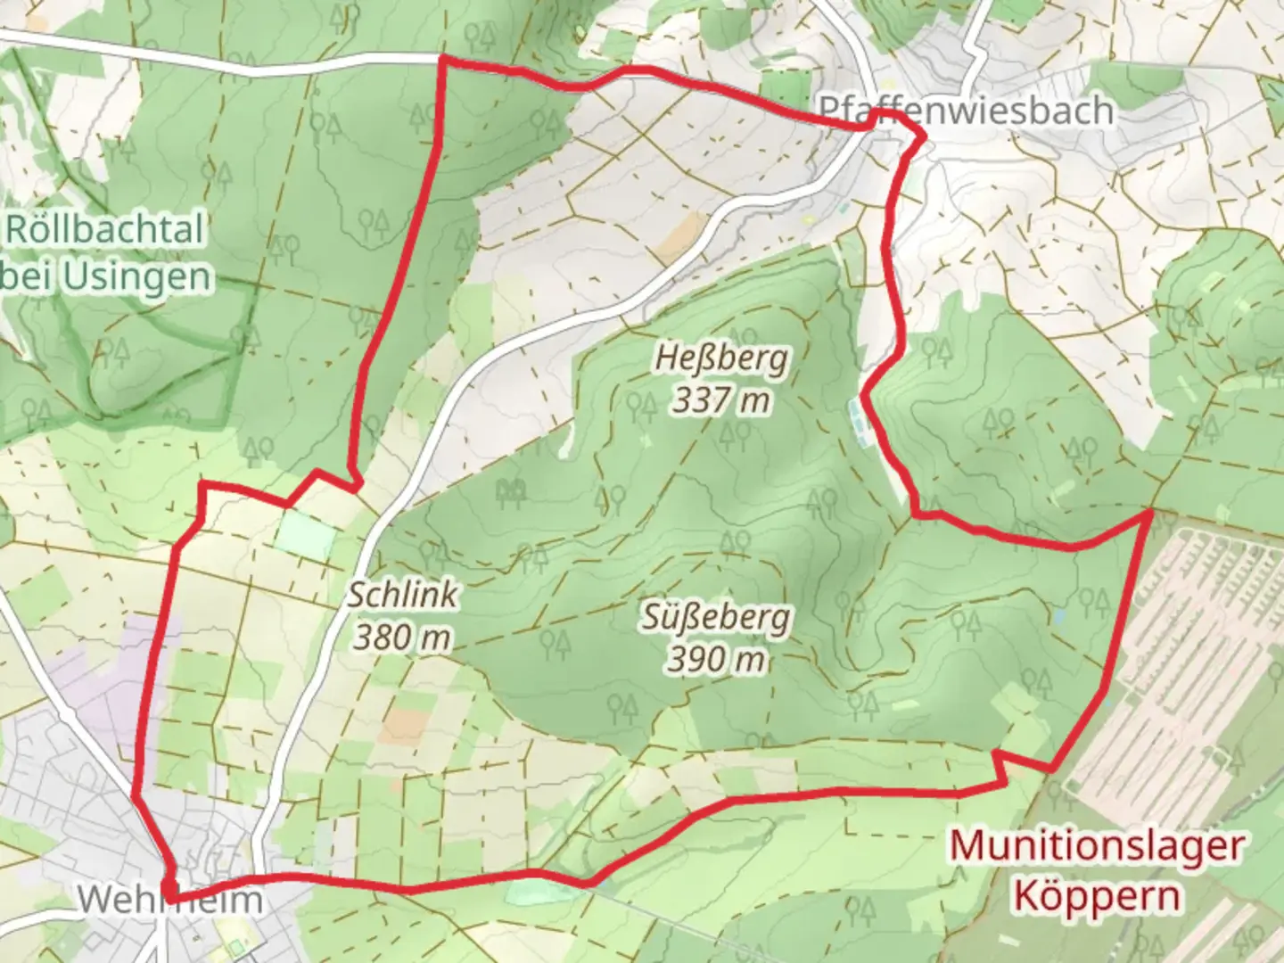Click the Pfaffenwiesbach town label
point(966,111)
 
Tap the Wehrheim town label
point(169,899)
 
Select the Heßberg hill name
point(721,358)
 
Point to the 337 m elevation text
point(721,400)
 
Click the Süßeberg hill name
point(715,617)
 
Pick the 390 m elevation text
point(716,660)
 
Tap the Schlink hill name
point(403,595)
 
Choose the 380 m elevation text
point(402,637)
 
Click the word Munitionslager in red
point(1096,845)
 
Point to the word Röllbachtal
point(105,230)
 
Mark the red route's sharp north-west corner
point(442,59)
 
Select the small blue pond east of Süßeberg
point(1058,616)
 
